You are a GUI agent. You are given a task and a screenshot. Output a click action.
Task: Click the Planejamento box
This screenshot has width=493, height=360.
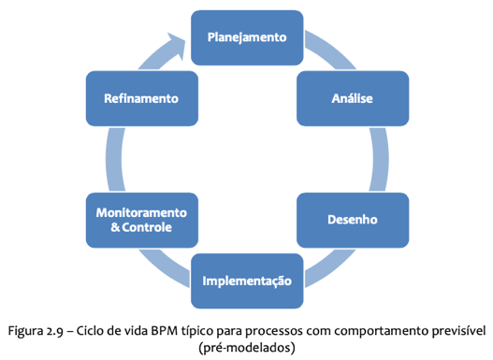247,36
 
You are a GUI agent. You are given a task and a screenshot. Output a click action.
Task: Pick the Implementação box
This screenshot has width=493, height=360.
247,281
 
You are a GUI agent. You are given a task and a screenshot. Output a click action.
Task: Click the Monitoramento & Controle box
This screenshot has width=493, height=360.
140,220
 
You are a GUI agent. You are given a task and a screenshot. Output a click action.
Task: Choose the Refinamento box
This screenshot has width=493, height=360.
140,97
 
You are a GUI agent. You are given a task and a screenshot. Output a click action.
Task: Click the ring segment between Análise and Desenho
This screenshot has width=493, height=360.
379,159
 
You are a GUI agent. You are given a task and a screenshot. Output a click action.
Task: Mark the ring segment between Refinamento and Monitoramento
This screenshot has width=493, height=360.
114,159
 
